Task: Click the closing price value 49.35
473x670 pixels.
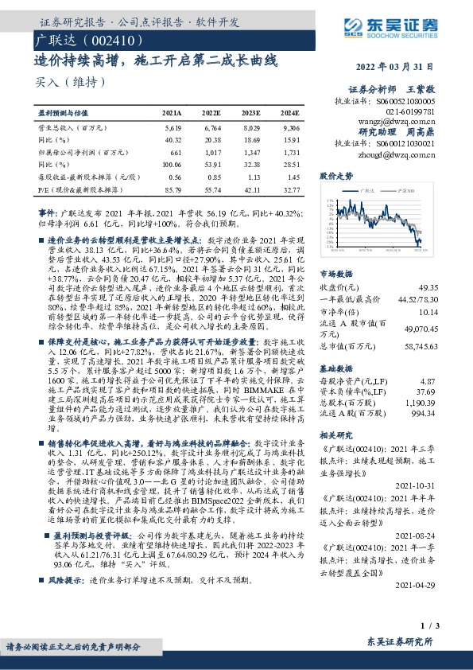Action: [x=449, y=264]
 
